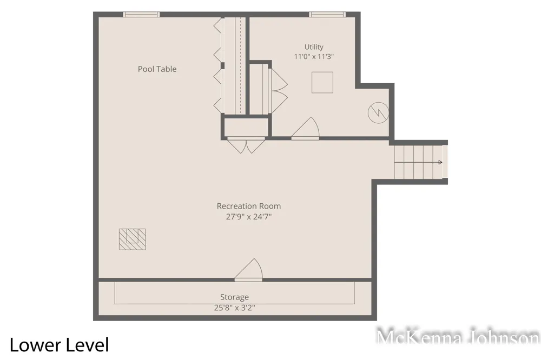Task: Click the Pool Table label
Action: (x=157, y=69)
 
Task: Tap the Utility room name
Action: (x=314, y=47)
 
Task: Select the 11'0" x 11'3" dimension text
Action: (x=314, y=57)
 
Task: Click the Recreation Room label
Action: (x=249, y=206)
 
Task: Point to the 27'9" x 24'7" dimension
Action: (x=249, y=217)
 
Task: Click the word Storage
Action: (x=235, y=297)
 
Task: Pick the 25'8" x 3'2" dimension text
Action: (x=235, y=308)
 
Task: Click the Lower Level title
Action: (x=60, y=345)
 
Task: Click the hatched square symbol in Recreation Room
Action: (x=132, y=239)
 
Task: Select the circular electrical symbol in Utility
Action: (x=379, y=113)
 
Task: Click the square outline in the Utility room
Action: (x=322, y=82)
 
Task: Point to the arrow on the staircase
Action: (x=418, y=162)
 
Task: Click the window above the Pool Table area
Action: (x=141, y=14)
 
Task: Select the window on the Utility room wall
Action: (x=327, y=14)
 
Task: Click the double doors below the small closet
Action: (x=246, y=145)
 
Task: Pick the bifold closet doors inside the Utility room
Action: (x=278, y=91)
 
